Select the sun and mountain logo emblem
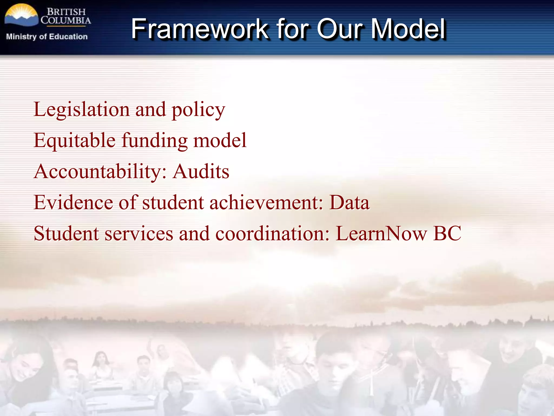pyautogui.click(x=21, y=16)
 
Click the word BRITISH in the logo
pyautogui.click(x=66, y=12)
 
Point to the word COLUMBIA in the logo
pyautogui.click(x=66, y=20)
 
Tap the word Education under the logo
pyautogui.click(x=68, y=37)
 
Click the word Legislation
pyautogui.click(x=81, y=110)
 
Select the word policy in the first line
pyautogui.click(x=198, y=110)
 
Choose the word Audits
pyautogui.click(x=201, y=172)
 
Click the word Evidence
pyautogui.click(x=73, y=203)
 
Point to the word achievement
pyautogui.click(x=266, y=203)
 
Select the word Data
pyautogui.click(x=349, y=203)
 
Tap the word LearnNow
pyautogui.click(x=381, y=233)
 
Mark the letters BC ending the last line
pyautogui.click(x=447, y=233)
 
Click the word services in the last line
pyautogui.click(x=139, y=233)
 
